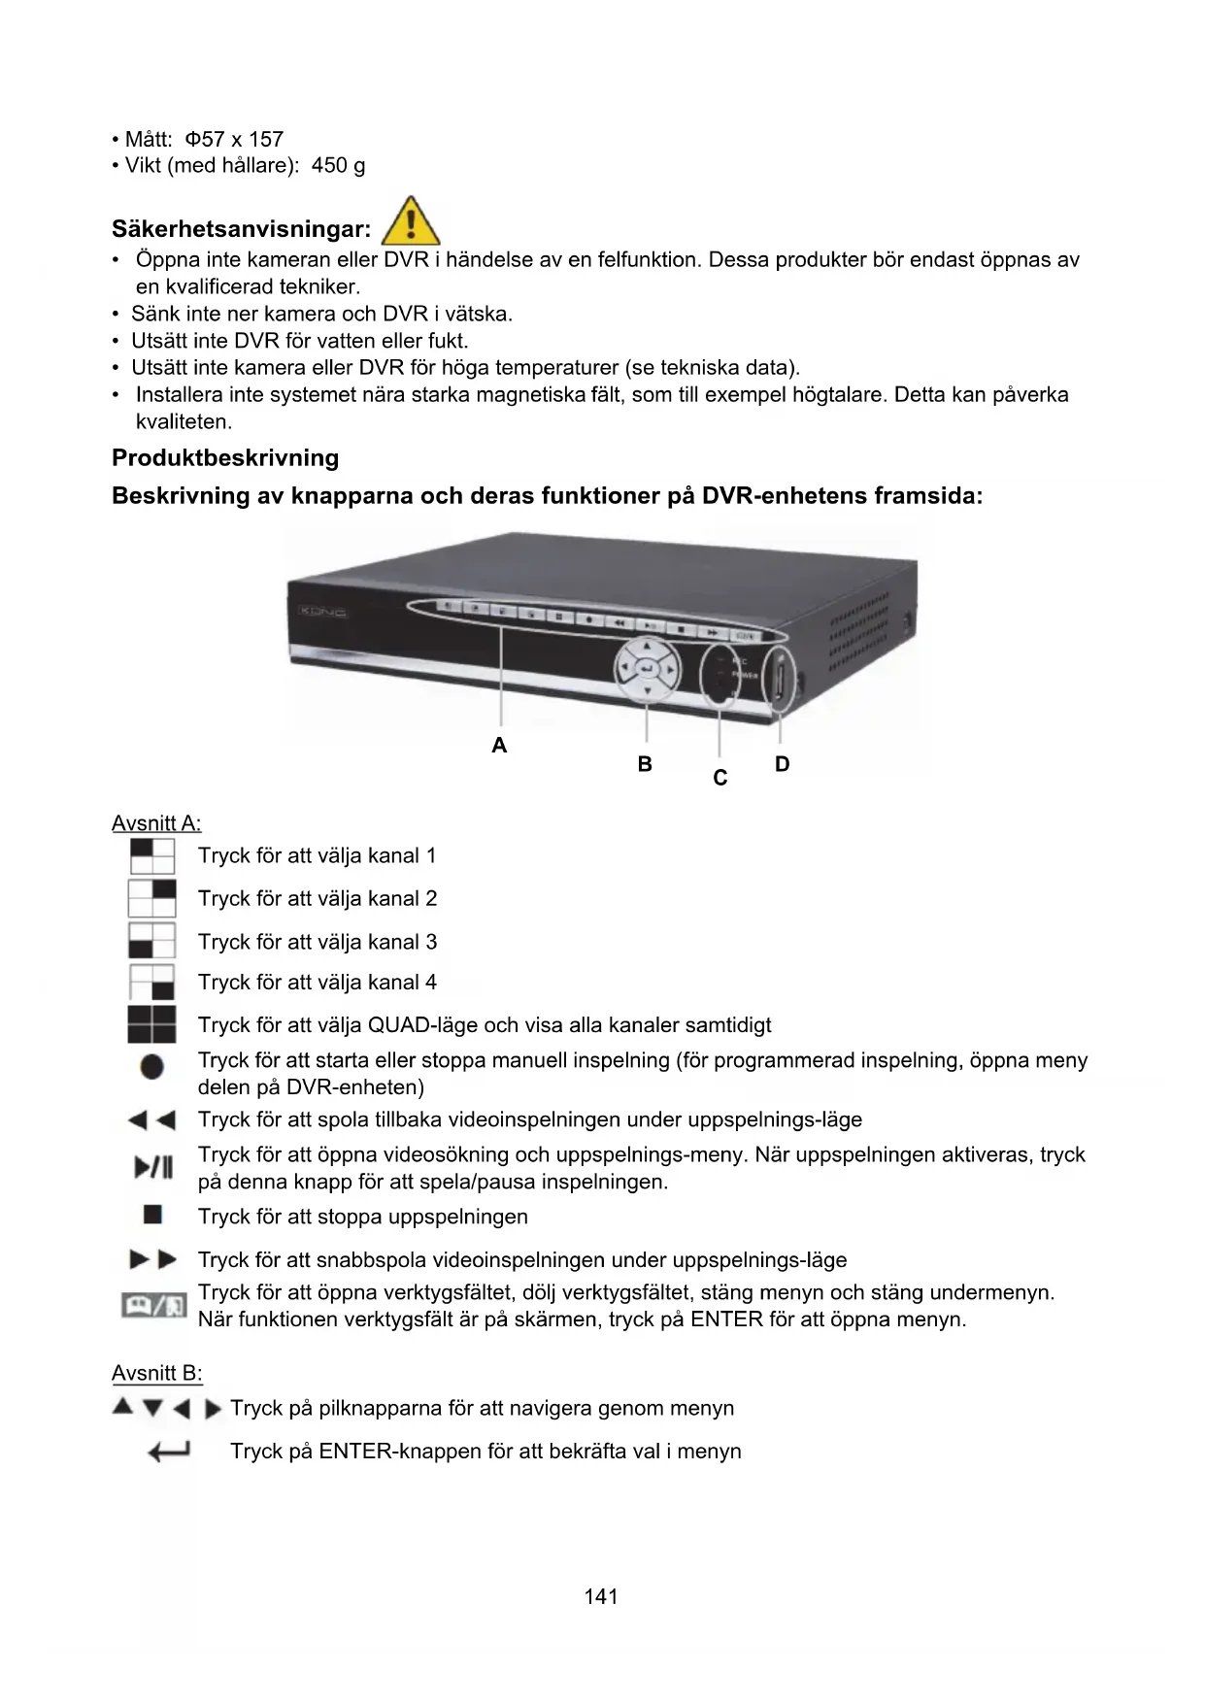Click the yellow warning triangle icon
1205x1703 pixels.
tap(411, 222)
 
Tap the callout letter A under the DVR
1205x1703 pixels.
tap(499, 746)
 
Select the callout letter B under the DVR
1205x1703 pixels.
tap(645, 764)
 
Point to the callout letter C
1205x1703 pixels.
tap(720, 778)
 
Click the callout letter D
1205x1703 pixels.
tap(782, 764)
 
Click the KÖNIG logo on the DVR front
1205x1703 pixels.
tap(323, 612)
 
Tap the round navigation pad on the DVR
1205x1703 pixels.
tap(647, 668)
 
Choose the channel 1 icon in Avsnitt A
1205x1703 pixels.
tap(152, 856)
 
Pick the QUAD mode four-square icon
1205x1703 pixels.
tap(152, 1024)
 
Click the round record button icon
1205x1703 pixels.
tap(152, 1067)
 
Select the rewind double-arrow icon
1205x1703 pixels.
tap(152, 1120)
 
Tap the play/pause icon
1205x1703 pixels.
tap(153, 1167)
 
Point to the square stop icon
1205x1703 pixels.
tap(152, 1215)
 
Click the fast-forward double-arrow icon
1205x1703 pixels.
tap(153, 1260)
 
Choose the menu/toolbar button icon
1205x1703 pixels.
tap(153, 1305)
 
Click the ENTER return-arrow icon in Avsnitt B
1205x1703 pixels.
tap(168, 1452)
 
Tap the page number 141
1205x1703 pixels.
tap(601, 1596)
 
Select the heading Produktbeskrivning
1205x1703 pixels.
tap(225, 458)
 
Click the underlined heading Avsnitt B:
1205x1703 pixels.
tap(157, 1373)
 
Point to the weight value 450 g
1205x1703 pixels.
tap(338, 165)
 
